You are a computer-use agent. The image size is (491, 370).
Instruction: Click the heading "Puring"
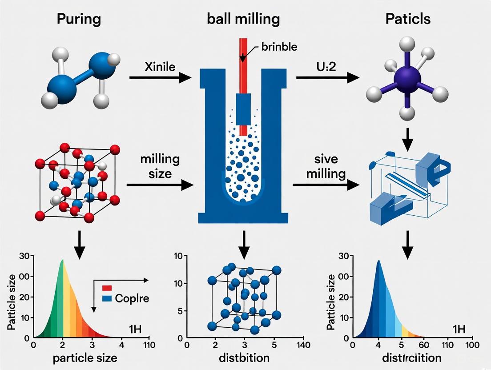[x=78, y=19]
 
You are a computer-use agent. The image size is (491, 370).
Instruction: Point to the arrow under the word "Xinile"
[x=160, y=79]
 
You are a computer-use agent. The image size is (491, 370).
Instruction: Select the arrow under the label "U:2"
[x=327, y=78]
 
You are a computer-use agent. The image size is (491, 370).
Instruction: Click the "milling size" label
[x=160, y=166]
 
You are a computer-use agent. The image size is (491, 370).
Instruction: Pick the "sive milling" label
[x=326, y=166]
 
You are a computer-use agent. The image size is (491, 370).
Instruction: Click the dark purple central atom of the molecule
[x=407, y=81]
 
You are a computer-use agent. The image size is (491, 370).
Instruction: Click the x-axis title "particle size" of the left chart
[x=85, y=358]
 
